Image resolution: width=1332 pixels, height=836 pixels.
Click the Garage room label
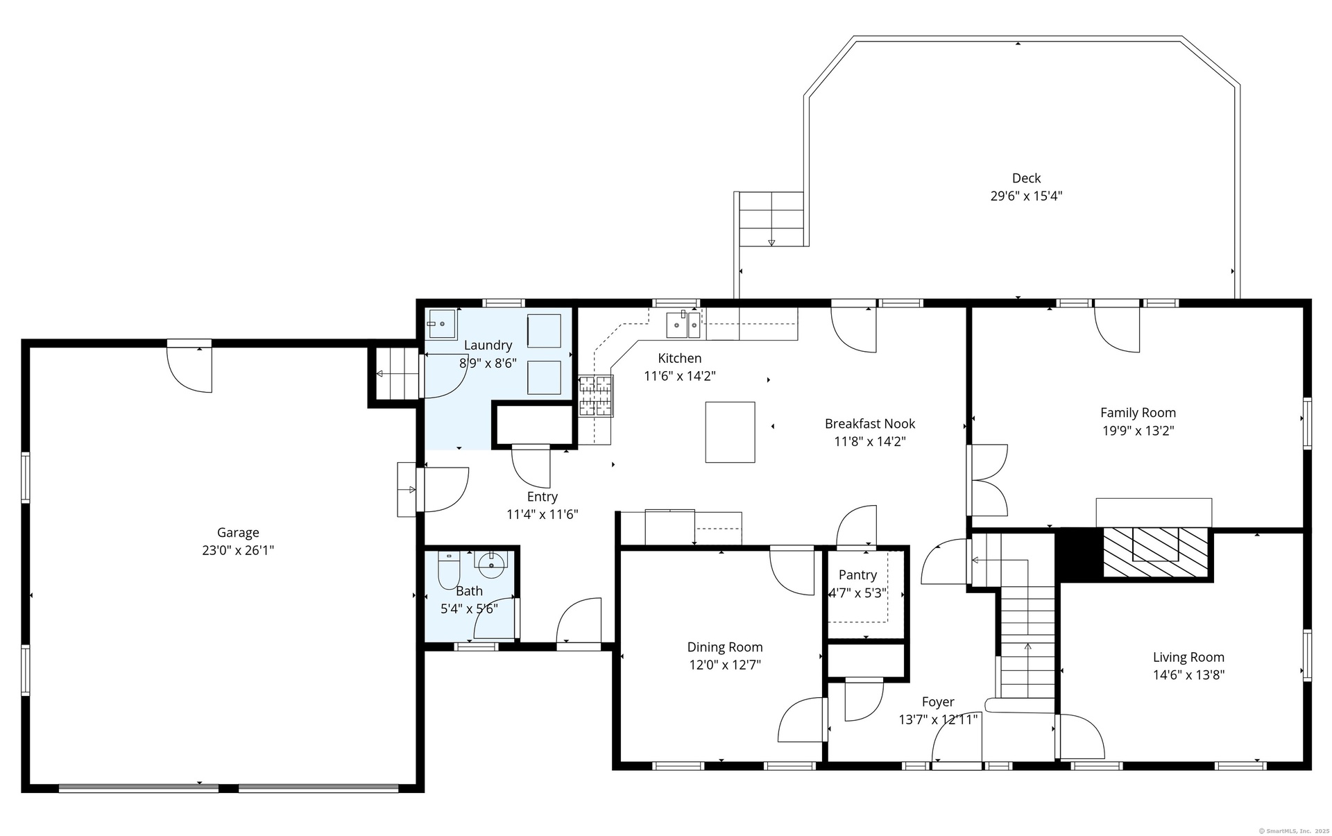238,532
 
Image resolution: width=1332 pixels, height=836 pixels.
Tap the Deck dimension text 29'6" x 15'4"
1026,196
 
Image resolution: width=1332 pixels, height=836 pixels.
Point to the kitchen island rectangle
730,432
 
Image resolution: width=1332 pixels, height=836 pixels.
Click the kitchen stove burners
597,395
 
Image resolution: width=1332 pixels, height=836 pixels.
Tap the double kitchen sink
683,325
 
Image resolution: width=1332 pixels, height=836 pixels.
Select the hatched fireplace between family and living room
1155,552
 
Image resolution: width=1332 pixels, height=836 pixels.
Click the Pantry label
857,574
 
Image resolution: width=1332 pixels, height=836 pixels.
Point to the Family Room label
1138,412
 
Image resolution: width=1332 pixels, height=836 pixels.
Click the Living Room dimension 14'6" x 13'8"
1188,674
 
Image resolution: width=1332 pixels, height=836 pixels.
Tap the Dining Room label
725,647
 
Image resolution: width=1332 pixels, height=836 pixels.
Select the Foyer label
938,701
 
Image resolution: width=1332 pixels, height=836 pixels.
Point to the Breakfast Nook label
870,423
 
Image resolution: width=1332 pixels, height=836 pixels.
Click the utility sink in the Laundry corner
441,323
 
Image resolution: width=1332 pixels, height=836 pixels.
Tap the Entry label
542,497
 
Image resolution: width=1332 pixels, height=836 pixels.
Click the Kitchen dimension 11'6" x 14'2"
680,376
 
